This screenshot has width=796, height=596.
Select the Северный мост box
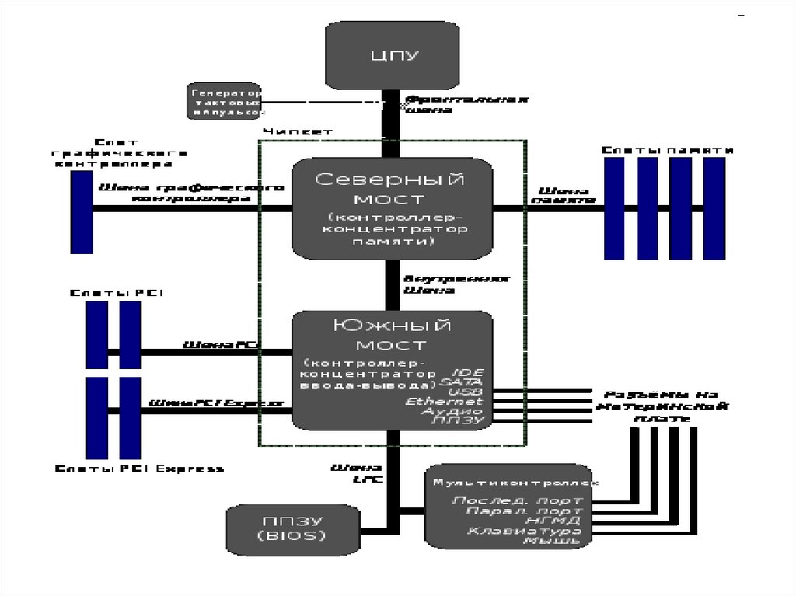(x=393, y=208)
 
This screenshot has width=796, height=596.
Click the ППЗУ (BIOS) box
(x=291, y=529)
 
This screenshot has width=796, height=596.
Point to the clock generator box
(x=224, y=101)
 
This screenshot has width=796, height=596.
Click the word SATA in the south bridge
(x=461, y=382)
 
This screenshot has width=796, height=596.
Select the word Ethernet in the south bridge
(x=455, y=401)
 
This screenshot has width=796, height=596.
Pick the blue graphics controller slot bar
(x=81, y=212)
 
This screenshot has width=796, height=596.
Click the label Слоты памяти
(x=668, y=149)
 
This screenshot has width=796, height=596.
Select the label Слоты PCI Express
(x=140, y=469)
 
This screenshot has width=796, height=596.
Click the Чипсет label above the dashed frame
(x=298, y=132)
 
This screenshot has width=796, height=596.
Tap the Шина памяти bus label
(x=563, y=195)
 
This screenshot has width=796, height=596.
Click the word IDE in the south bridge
(x=467, y=373)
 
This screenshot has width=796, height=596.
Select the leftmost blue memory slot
(x=615, y=208)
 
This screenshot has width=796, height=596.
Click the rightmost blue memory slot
(x=714, y=208)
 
